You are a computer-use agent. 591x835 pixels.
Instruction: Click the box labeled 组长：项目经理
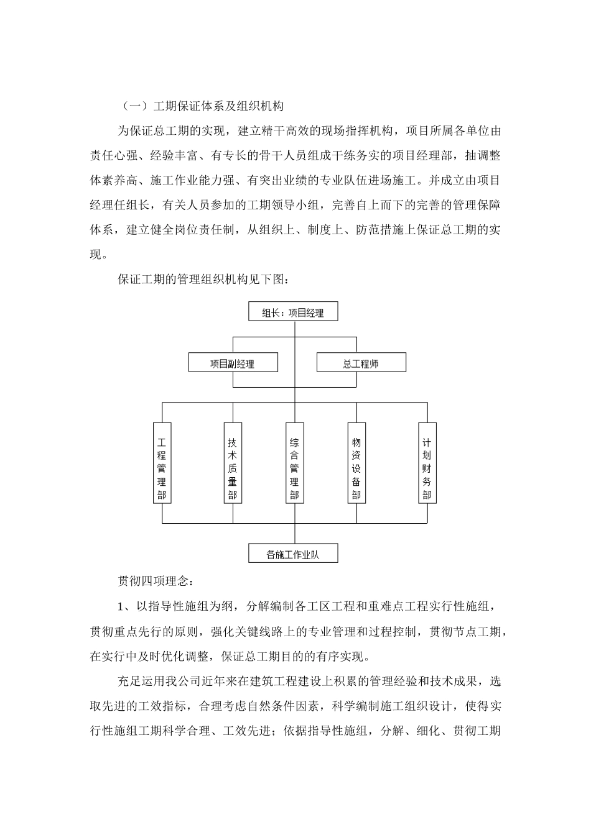293,312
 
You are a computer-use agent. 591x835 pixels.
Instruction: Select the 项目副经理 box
233,363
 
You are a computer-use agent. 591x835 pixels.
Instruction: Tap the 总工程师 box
361,363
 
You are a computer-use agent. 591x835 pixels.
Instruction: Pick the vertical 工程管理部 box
162,463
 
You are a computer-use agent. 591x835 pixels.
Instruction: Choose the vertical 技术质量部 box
233,463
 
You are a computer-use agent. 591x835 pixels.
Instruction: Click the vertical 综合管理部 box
294,463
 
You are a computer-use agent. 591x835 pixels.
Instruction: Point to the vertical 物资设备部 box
356,463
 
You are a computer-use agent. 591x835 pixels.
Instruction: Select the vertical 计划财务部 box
427,463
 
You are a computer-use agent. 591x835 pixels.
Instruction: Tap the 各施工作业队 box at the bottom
293,554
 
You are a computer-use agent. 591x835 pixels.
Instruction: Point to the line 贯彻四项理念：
156,582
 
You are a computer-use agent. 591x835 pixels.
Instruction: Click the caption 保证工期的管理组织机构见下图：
203,280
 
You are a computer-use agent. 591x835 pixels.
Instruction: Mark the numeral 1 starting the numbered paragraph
121,606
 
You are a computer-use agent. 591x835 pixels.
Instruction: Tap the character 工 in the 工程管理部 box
162,443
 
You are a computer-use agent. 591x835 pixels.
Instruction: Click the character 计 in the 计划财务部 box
427,443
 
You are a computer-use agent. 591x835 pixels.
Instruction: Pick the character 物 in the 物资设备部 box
356,443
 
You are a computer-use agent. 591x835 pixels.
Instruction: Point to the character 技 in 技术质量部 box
233,443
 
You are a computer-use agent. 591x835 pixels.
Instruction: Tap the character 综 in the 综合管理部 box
294,443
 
